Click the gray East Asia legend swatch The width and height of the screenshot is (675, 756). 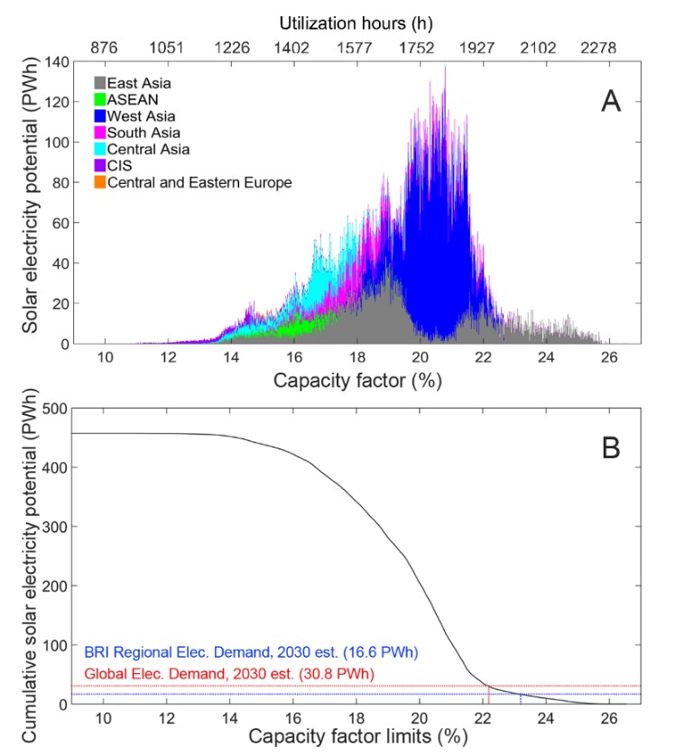pyautogui.click(x=100, y=83)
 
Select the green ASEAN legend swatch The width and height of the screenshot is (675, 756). pyautogui.click(x=100, y=99)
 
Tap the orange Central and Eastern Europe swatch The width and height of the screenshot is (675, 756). pyautogui.click(x=100, y=183)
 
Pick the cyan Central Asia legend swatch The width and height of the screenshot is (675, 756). pyautogui.click(x=100, y=150)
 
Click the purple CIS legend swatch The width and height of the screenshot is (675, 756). pyautogui.click(x=100, y=166)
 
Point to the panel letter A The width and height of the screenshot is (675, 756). pyautogui.click(x=612, y=102)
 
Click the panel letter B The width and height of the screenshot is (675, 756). pyautogui.click(x=611, y=447)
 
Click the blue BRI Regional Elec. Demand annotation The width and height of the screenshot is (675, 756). pyautogui.click(x=252, y=651)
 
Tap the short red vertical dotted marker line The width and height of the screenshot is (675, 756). pyautogui.click(x=488, y=695)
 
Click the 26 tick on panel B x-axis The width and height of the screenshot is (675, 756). pyautogui.click(x=608, y=718)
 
